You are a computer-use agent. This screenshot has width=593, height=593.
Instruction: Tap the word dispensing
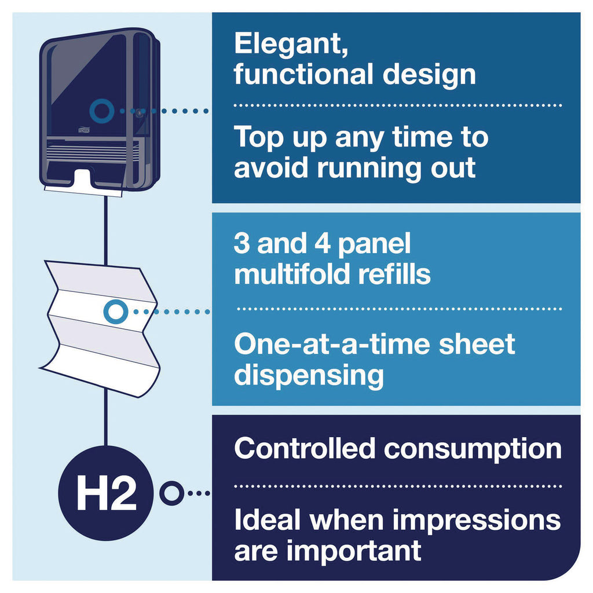[x=309, y=375]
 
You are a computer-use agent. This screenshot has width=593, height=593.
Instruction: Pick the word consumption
[x=473, y=450]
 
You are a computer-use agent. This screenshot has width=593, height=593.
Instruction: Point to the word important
[x=354, y=551]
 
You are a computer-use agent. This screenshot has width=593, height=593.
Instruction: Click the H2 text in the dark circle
[x=107, y=493]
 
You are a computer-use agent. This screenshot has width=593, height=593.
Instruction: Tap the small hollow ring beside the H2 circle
[x=171, y=493]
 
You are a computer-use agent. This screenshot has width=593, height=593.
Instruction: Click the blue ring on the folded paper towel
[x=116, y=312]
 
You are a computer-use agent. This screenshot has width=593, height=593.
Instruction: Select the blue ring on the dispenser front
[x=102, y=111]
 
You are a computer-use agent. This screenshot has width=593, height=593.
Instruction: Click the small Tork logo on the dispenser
[x=84, y=130]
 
